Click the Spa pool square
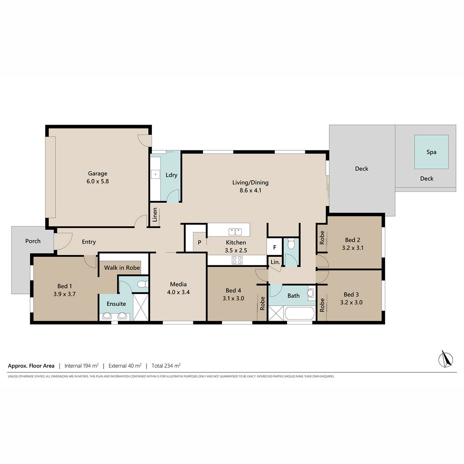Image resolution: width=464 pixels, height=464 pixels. pyautogui.click(x=431, y=152)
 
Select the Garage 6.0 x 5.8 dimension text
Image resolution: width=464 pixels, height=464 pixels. pyautogui.click(x=97, y=181)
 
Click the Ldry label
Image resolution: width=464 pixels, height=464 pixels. pyautogui.click(x=171, y=175)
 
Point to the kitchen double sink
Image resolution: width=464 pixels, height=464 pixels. pyautogui.click(x=235, y=232)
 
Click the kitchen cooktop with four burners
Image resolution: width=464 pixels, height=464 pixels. pyautogui.click(x=237, y=260)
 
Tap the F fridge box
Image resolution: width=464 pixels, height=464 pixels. pyautogui.click(x=274, y=247)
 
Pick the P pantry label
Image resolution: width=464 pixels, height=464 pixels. pyautogui.click(x=200, y=242)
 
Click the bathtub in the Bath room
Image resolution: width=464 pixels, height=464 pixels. pyautogui.click(x=299, y=313)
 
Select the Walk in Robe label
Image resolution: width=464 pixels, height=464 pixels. pyautogui.click(x=122, y=268)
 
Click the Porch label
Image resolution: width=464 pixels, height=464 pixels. pyautogui.click(x=33, y=241)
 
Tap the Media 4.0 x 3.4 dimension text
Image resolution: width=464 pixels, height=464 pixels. pyautogui.click(x=178, y=292)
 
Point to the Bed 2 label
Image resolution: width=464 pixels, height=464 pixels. pyautogui.click(x=353, y=240)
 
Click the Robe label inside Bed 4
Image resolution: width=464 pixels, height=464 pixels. pyautogui.click(x=262, y=303)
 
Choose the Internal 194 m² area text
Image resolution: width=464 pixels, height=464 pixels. pyautogui.click(x=81, y=366)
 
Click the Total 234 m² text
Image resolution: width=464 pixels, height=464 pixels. pyautogui.click(x=166, y=366)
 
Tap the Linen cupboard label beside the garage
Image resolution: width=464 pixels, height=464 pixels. pyautogui.click(x=155, y=215)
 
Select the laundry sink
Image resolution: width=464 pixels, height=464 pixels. pyautogui.click(x=155, y=174)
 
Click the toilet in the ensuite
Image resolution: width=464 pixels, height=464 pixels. pyautogui.click(x=143, y=284)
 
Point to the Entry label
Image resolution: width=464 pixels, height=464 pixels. pyautogui.click(x=89, y=242)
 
